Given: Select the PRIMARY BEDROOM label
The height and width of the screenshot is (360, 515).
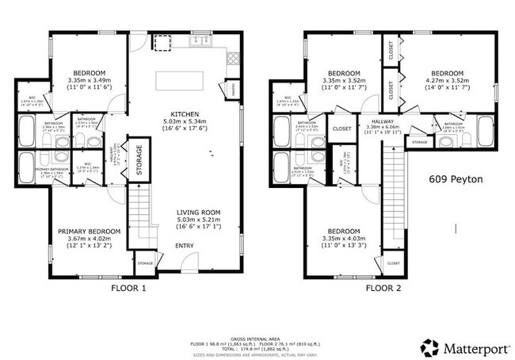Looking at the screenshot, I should pyautogui.click(x=89, y=232).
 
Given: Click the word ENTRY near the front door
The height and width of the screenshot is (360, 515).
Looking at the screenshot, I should pyautogui.click(x=184, y=246).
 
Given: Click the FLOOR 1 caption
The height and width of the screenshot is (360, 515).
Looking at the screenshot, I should pyautogui.click(x=128, y=289).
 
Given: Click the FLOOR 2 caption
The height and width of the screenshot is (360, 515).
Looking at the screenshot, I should pyautogui.click(x=383, y=289).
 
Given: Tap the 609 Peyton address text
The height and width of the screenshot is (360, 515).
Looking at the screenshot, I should pyautogui.click(x=456, y=180).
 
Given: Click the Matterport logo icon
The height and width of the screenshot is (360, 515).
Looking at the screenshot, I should pyautogui.click(x=429, y=347).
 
